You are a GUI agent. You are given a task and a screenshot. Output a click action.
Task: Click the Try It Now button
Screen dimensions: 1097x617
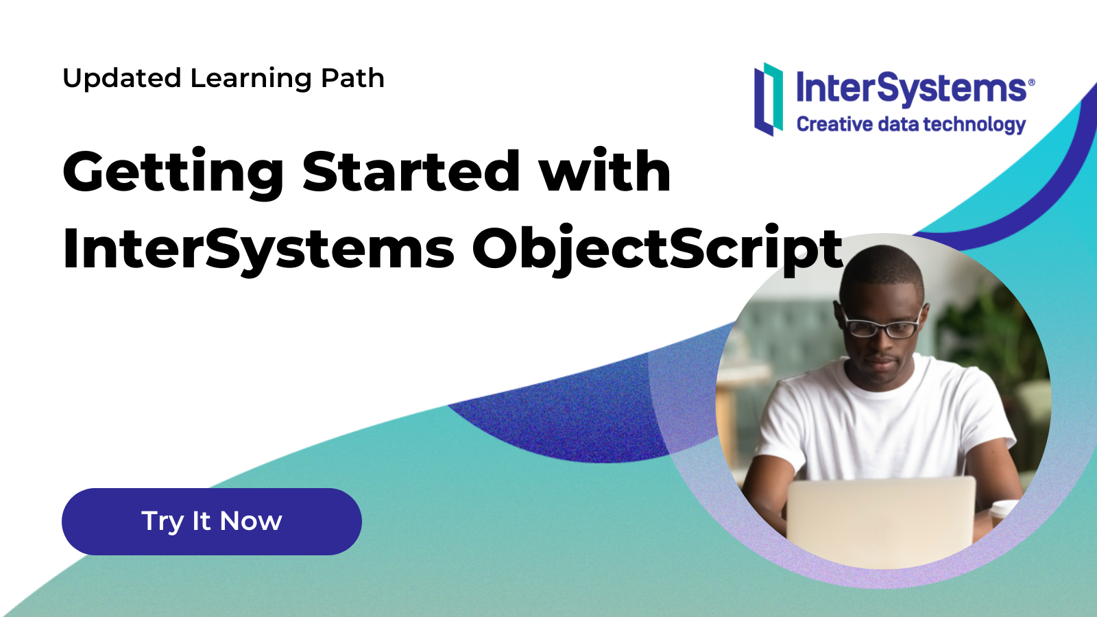[212, 522]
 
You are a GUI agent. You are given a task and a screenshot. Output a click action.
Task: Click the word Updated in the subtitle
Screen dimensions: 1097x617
[123, 79]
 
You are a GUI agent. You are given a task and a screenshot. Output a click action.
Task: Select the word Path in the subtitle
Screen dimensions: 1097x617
[352, 78]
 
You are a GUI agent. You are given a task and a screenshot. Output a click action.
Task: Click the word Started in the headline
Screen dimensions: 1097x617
[411, 171]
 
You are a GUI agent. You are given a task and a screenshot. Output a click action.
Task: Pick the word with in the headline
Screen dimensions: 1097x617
[605, 169]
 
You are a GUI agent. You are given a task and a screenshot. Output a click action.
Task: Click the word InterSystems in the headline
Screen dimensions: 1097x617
[258, 250]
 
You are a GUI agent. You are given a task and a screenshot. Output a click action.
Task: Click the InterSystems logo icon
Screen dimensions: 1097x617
[769, 99]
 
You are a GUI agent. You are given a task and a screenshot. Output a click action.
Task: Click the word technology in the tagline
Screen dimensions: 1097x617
[975, 125]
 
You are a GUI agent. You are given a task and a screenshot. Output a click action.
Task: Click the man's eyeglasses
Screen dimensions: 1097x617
[882, 326]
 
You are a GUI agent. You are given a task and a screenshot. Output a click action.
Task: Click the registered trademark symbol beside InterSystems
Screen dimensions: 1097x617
[1031, 82]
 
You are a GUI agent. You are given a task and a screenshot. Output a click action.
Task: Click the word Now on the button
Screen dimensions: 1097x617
[251, 521]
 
